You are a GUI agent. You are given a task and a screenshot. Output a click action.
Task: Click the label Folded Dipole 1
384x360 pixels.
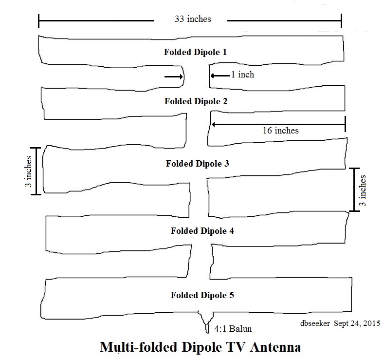coord(195,52)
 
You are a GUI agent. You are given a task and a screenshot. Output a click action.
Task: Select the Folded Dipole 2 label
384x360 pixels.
coord(196,102)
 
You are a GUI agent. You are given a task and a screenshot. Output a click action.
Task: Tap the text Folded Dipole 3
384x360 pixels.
coord(198,164)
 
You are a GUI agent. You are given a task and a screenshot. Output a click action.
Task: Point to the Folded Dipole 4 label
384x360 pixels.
coord(202,230)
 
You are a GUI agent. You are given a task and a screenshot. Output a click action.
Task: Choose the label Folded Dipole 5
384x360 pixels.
coord(202,295)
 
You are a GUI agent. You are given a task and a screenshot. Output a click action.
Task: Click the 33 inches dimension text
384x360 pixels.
coord(193,19)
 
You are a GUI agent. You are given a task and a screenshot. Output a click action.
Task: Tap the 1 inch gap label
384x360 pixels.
coord(242,75)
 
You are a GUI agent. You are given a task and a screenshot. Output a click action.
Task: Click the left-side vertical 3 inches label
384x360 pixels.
coord(29,171)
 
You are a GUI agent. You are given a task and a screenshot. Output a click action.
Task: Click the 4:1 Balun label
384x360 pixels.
coord(233,329)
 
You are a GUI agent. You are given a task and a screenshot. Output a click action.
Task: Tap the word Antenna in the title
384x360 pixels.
coord(272,348)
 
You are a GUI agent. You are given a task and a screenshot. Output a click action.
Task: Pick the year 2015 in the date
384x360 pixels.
coord(371,323)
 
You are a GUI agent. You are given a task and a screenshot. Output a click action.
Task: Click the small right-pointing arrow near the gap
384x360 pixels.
coord(171,76)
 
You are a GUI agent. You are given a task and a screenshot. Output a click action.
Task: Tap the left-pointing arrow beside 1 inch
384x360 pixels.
coord(219,76)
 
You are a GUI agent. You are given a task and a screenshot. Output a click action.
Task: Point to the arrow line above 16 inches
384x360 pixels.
coord(277,124)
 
